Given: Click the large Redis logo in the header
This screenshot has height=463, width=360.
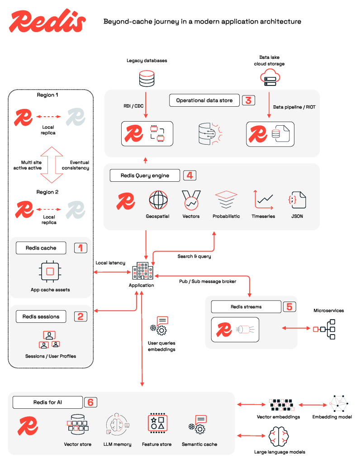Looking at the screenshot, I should pyautogui.click(x=47, y=21).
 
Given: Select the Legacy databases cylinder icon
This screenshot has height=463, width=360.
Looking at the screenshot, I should pyautogui.click(x=146, y=78).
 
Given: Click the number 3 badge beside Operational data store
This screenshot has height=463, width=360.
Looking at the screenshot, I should pyautogui.click(x=248, y=100).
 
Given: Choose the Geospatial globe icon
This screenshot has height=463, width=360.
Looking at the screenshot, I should pyautogui.click(x=158, y=199).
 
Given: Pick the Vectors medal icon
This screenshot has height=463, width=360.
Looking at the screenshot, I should pyautogui.click(x=191, y=199).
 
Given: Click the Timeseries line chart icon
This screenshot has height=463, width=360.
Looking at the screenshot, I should pyautogui.click(x=263, y=199).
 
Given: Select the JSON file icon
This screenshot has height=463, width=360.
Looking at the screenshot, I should pyautogui.click(x=297, y=199).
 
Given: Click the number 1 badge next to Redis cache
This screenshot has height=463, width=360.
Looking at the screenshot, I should pyautogui.click(x=81, y=248).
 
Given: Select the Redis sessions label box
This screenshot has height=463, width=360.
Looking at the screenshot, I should pyautogui.click(x=41, y=317).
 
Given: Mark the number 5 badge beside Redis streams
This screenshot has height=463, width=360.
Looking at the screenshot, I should pyautogui.click(x=289, y=307).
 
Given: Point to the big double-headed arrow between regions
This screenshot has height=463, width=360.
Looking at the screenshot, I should pyautogui.click(x=50, y=164).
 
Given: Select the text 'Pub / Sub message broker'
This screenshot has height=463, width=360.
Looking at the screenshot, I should pyautogui.click(x=208, y=281).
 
